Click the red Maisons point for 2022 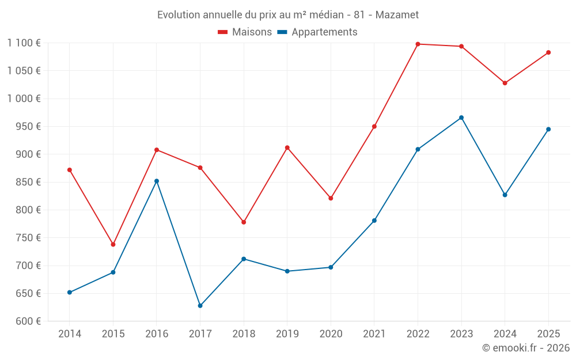coord(418,44)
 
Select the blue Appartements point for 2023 coord(461,118)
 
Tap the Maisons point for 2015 coord(113,244)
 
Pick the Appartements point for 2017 coord(200,305)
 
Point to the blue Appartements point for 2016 coord(157,181)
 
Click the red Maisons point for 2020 coord(331,198)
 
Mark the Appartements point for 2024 coord(505,195)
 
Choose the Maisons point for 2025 coord(548,52)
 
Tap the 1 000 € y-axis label coord(24,98)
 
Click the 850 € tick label coord(28,182)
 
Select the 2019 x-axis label coord(287,334)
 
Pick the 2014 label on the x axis coord(70,334)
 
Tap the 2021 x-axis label coord(374,334)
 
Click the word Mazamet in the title coord(397,14)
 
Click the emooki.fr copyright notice coord(525,348)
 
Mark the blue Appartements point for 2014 coord(70,292)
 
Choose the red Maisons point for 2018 coord(244,222)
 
